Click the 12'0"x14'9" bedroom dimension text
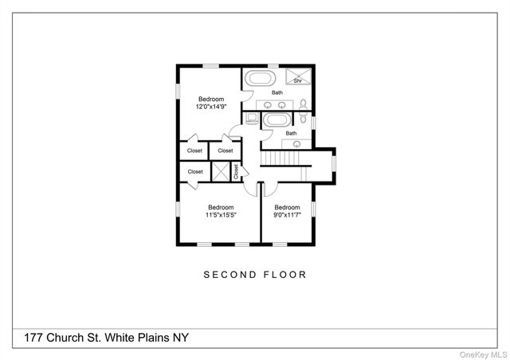[x=211, y=106]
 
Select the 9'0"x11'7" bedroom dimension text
[x=287, y=214]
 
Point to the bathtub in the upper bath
[x=258, y=79]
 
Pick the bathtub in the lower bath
[x=278, y=121]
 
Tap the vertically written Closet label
[x=236, y=172]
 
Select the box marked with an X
[x=219, y=171]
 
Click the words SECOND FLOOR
[x=255, y=275]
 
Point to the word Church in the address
[x=62, y=338]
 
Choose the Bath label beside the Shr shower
[x=277, y=92]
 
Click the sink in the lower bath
[x=296, y=143]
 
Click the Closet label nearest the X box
[x=195, y=171]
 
